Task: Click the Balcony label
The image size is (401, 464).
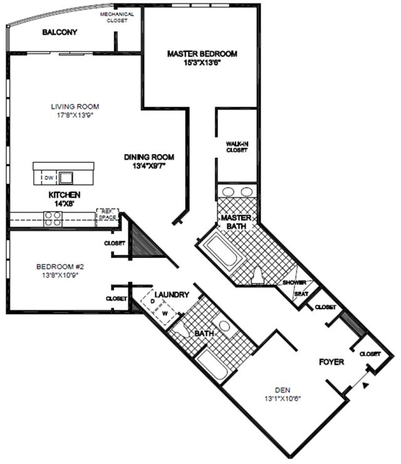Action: click(60, 32)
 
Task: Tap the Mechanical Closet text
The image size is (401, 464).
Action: click(117, 17)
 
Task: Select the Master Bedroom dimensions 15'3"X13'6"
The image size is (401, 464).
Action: click(202, 63)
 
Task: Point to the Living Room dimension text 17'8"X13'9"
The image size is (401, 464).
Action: click(75, 115)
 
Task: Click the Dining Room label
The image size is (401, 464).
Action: click(149, 157)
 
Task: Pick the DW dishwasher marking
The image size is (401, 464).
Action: click(49, 178)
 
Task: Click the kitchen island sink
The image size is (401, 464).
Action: click(66, 178)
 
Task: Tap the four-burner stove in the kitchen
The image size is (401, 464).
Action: click(53, 219)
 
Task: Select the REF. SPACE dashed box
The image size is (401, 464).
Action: click(108, 215)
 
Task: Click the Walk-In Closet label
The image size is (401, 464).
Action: click(237, 147)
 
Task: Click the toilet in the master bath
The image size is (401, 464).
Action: click(258, 275)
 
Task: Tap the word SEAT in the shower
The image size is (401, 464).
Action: click(301, 294)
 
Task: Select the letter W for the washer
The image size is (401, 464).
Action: click(165, 314)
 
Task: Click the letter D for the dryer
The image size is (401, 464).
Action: click(153, 301)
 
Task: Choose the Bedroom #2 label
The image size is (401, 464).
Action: click(60, 267)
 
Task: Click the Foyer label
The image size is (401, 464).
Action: click(331, 362)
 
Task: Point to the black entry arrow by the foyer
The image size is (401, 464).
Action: click(366, 385)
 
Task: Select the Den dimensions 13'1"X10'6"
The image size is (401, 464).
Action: click(283, 399)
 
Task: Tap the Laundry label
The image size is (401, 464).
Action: click(172, 295)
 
